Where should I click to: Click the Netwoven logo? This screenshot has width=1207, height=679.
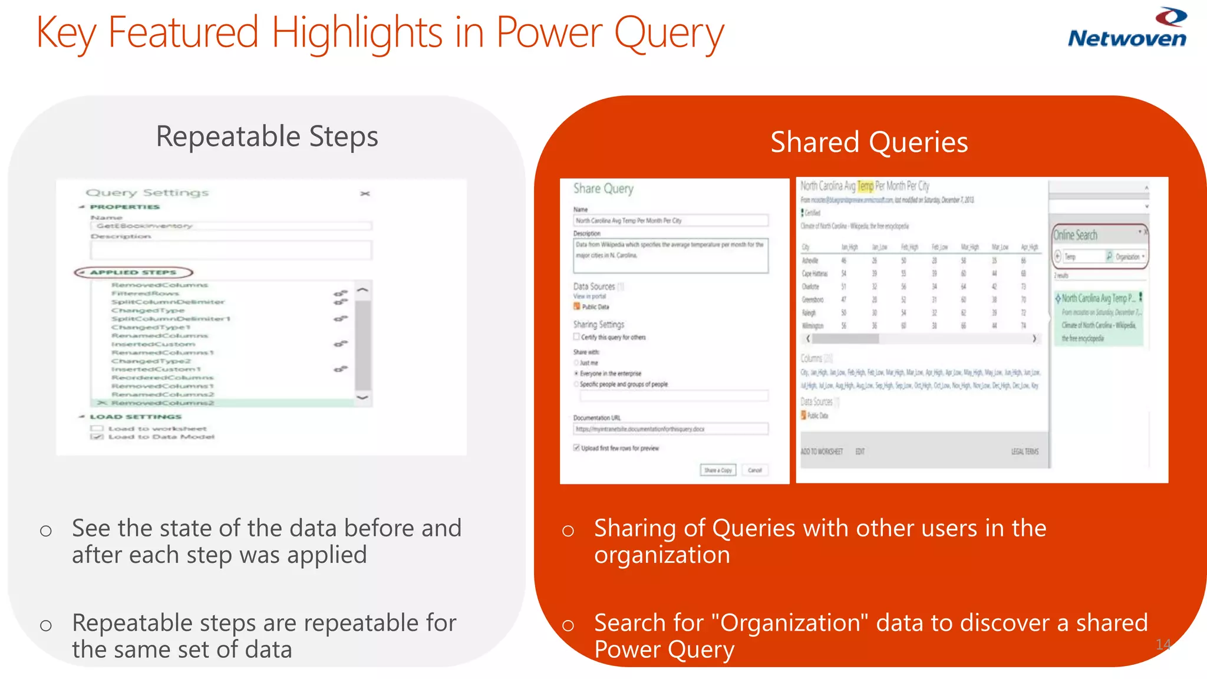[x=1126, y=29]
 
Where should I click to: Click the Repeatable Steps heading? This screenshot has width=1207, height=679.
[x=266, y=137]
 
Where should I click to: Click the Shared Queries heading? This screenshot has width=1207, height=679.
[x=869, y=143]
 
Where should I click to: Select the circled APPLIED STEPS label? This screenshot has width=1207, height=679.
[x=133, y=272]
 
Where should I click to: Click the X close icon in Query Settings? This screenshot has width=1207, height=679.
[x=365, y=193]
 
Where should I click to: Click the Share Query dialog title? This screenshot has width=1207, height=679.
[x=603, y=189]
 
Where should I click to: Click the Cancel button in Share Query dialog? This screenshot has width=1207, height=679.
[x=754, y=470]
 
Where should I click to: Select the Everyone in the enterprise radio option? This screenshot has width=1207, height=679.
[x=576, y=374]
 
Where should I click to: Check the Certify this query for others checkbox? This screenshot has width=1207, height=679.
[x=576, y=337]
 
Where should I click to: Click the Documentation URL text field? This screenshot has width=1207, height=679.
[x=670, y=429]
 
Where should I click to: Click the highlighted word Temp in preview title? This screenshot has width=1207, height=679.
[x=865, y=186]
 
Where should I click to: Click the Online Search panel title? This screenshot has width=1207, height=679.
[x=1075, y=235]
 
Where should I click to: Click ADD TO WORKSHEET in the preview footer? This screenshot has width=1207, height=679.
[x=821, y=451]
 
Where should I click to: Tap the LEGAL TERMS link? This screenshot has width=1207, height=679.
[x=1024, y=451]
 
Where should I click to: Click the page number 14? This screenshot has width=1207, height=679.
[x=1163, y=644]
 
